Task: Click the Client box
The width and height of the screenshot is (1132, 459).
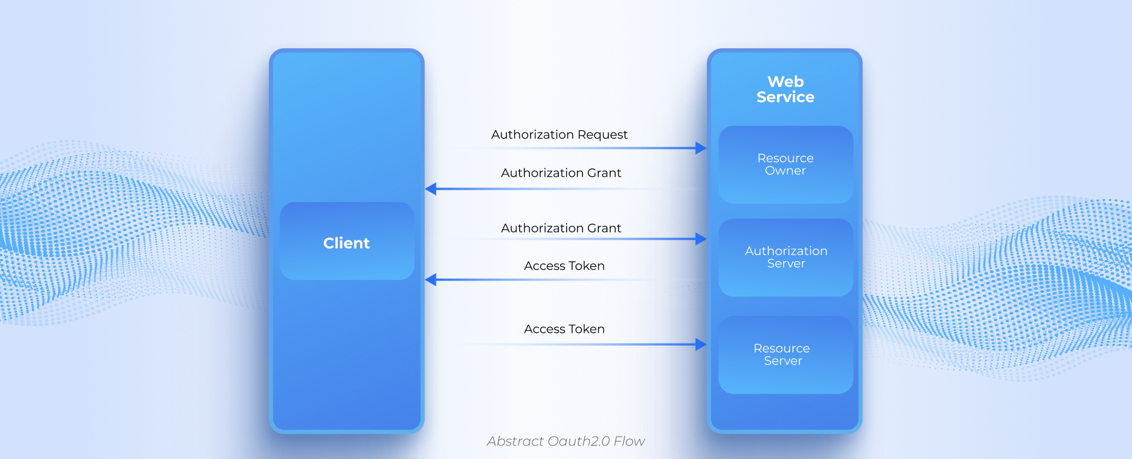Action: (x=347, y=242)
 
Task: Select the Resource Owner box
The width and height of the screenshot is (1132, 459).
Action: (x=785, y=164)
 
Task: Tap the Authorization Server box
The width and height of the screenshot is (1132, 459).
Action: (x=785, y=257)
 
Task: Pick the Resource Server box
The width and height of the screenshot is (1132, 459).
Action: (x=785, y=355)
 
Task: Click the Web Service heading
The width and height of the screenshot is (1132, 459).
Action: (x=785, y=90)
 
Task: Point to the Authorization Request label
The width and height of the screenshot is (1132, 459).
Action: (x=559, y=135)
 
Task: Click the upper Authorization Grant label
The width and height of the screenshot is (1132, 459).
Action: (x=561, y=173)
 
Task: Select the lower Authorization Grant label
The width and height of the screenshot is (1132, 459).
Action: (x=561, y=229)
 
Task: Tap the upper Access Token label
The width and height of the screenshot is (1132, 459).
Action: (x=564, y=266)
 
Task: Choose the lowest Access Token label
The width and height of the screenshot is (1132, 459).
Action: (x=564, y=329)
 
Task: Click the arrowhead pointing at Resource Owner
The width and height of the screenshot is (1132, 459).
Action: (x=700, y=148)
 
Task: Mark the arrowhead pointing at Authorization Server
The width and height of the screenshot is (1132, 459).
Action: (x=700, y=239)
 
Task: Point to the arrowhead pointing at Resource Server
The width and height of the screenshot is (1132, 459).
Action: (x=700, y=345)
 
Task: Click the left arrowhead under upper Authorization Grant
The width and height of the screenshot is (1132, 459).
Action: (x=431, y=189)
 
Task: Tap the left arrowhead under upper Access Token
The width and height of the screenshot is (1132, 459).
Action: (x=431, y=280)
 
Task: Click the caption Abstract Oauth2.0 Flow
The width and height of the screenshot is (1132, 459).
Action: (x=565, y=441)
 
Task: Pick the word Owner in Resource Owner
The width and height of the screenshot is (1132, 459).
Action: (x=785, y=171)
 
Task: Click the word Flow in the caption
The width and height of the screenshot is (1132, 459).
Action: (x=629, y=441)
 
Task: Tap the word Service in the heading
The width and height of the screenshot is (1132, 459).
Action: (x=785, y=97)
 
